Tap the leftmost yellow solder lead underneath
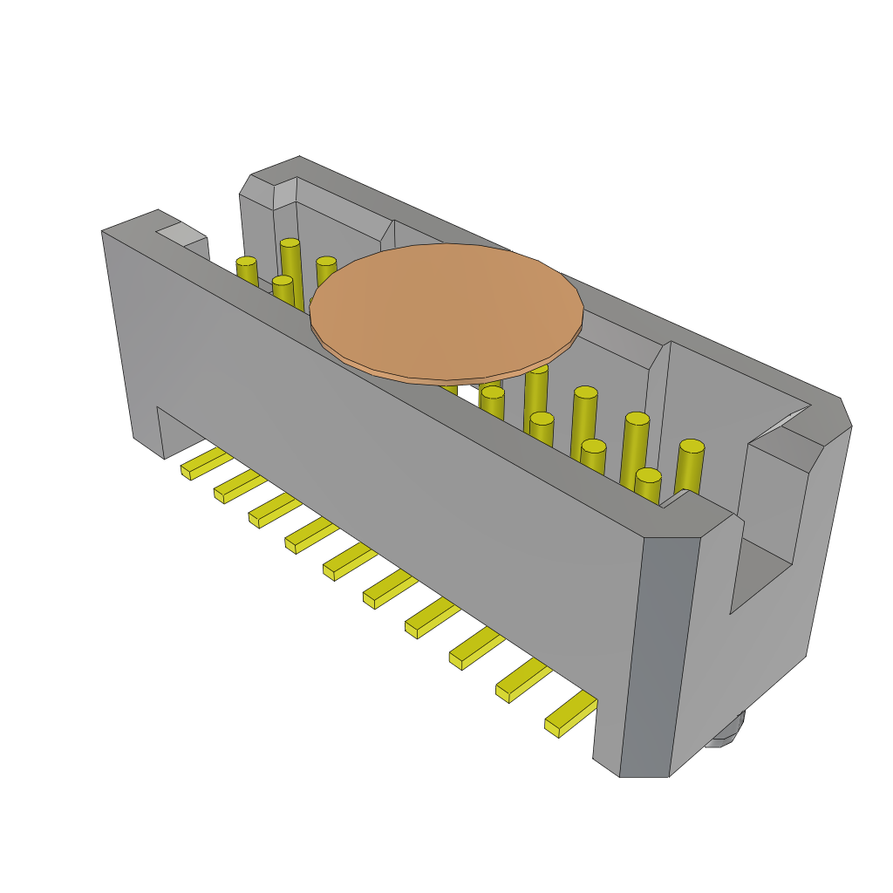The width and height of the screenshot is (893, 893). point(206,463)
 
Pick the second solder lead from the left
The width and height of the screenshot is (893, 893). point(240,486)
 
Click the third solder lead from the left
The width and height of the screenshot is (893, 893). point(275,509)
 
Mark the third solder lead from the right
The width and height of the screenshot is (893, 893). point(476,647)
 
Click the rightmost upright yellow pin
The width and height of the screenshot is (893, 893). point(689,467)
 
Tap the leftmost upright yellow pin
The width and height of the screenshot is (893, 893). point(247,270)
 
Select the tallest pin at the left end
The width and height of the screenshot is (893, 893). point(291,270)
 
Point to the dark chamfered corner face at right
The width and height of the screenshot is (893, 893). point(659,654)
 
